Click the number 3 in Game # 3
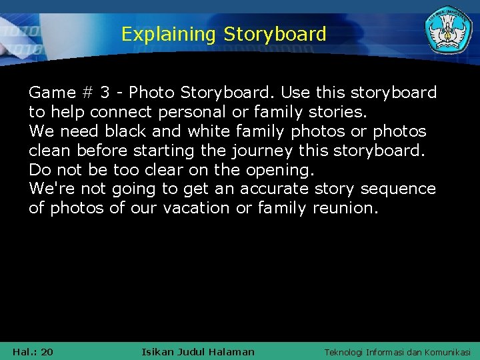click(105, 92)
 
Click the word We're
click(49, 189)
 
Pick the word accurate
click(274, 189)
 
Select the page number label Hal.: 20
click(33, 351)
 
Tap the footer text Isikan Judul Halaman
click(198, 351)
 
